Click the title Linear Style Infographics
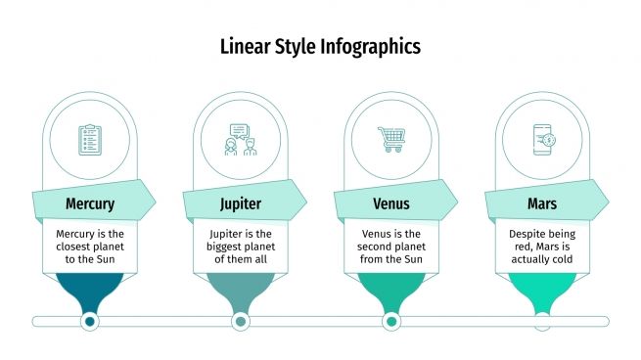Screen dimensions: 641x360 tap(320, 46)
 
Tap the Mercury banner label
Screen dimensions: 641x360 tap(90, 204)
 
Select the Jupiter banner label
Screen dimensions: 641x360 tap(240, 204)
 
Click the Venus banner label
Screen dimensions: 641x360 tap(391, 204)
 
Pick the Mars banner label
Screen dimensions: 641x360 tap(542, 204)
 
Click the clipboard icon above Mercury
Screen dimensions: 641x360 tap(90, 139)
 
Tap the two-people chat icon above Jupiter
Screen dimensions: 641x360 tap(240, 139)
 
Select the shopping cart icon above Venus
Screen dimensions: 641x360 tap(391, 139)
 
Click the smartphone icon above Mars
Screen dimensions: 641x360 tap(542, 139)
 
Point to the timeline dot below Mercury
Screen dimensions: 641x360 tap(90, 321)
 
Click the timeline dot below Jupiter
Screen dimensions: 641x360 tap(240, 321)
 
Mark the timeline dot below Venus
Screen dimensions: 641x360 tap(391, 321)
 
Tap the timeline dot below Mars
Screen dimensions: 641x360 tap(542, 321)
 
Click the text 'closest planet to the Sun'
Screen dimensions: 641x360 tap(90, 253)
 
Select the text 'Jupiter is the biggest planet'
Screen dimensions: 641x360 tap(240, 241)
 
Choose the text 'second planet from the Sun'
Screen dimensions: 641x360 tap(391, 253)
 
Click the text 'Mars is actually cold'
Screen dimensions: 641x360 tap(542, 253)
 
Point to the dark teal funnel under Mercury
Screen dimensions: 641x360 tap(90, 289)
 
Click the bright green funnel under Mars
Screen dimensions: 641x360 tap(542, 289)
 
